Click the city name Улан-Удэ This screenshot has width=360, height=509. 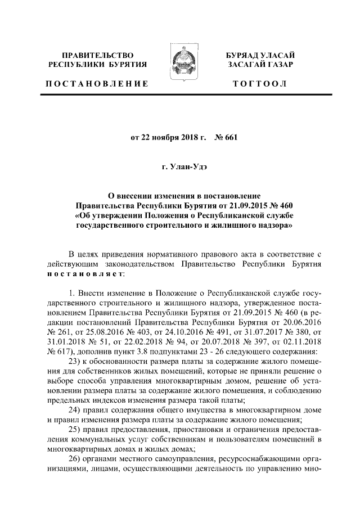tap(188, 167)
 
